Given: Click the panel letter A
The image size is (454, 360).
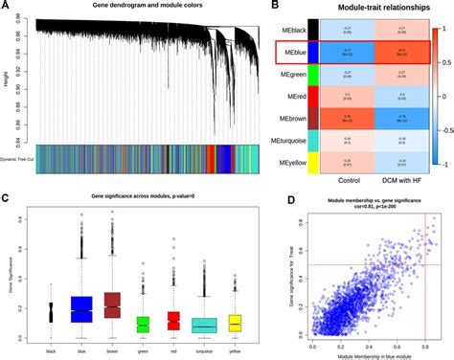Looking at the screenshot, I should tap(7, 7).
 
